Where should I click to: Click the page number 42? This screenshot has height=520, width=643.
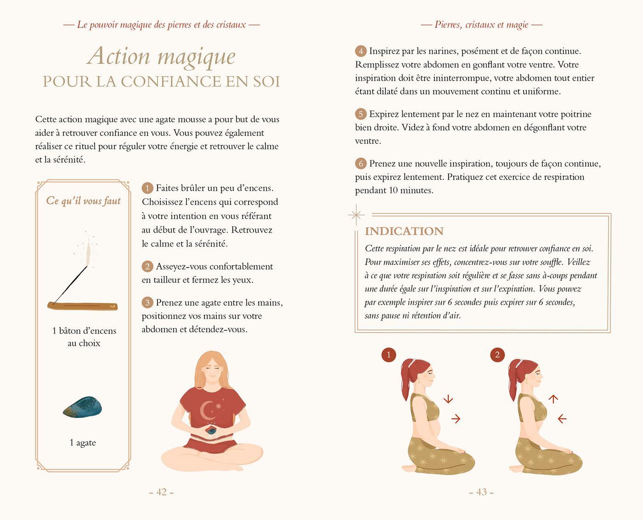click(x=162, y=492)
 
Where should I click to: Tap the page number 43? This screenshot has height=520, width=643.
click(x=481, y=492)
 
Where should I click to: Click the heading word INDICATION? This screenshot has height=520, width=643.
click(x=404, y=231)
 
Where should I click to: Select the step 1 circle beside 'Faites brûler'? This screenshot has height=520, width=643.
click(x=147, y=188)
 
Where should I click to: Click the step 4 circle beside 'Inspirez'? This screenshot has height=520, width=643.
click(x=361, y=51)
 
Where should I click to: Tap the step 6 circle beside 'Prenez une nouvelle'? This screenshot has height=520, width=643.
click(x=361, y=164)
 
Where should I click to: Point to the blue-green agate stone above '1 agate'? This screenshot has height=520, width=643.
click(x=82, y=408)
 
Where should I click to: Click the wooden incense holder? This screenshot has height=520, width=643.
click(x=82, y=306)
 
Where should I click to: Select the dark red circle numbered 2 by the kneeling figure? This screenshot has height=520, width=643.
click(x=497, y=355)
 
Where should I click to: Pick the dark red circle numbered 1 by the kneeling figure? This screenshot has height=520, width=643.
click(x=389, y=355)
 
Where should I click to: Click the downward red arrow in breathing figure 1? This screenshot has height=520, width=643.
click(x=448, y=399)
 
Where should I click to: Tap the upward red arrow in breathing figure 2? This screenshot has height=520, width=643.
click(x=553, y=399)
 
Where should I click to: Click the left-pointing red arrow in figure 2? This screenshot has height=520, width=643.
click(x=562, y=419)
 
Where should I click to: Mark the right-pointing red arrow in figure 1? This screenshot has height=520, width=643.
click(x=456, y=419)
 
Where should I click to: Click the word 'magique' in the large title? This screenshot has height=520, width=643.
click(x=197, y=57)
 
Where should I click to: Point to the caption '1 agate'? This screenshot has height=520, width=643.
click(x=83, y=442)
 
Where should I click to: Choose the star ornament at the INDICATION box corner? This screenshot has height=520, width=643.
click(x=356, y=215)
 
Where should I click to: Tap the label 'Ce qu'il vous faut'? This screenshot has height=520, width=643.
click(x=83, y=201)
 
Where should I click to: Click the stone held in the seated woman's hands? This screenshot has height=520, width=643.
click(x=211, y=431)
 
